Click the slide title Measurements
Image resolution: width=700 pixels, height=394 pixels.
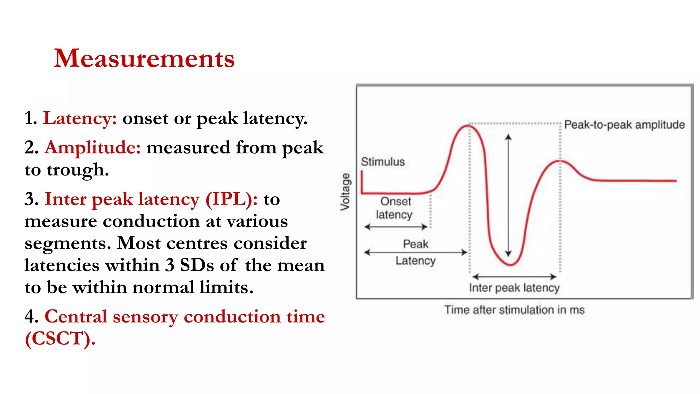pos(144,58)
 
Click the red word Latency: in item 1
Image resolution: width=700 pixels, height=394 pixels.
pos(80,118)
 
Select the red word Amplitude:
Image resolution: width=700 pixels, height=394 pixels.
pos(93,148)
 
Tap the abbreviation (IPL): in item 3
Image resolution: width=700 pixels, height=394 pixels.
pos(231,199)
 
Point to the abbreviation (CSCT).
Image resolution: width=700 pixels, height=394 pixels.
pos(60,339)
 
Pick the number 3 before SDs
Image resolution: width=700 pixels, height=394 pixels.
pos(170,265)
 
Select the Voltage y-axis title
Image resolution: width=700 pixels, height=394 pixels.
pos(346,192)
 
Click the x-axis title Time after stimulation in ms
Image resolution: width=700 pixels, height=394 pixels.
pos(514,310)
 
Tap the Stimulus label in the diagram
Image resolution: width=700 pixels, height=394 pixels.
pos(383,162)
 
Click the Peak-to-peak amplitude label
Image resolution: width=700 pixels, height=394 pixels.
pos(624,125)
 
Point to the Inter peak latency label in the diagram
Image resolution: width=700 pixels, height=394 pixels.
pos(514,288)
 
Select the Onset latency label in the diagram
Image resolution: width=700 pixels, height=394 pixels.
pos(395,208)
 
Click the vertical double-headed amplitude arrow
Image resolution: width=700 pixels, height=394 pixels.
pos(509,195)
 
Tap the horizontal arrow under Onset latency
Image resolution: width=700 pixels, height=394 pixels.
pos(396,226)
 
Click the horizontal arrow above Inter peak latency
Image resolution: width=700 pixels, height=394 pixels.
pos(514,276)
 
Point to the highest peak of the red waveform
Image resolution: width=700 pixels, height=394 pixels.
pos(468,126)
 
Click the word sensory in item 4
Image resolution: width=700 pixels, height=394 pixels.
pos(146,317)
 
